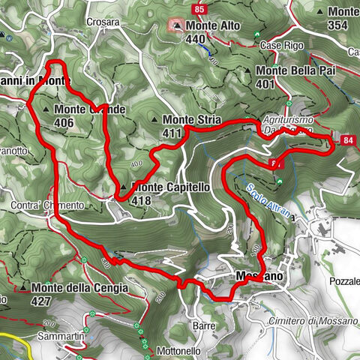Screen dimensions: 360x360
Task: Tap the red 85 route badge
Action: click(x=199, y=9)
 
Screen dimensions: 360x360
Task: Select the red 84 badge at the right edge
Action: click(x=346, y=139)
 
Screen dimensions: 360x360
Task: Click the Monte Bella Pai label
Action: click(x=295, y=70)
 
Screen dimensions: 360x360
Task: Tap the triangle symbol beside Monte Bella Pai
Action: click(x=248, y=71)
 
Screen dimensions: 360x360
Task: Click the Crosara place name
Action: click(x=103, y=22)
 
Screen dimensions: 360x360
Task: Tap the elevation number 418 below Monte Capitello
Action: click(x=142, y=200)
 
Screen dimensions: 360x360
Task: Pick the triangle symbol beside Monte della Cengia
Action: click(x=24, y=288)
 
